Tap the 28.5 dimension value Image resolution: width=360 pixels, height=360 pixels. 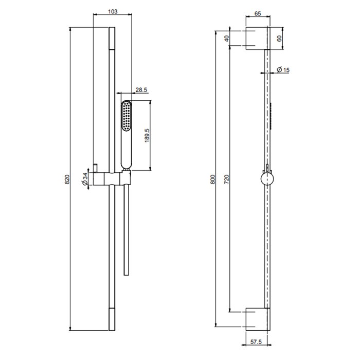pos(141,90)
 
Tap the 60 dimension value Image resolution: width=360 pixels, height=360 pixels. pos(279,38)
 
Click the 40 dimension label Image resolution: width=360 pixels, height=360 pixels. pos(226,38)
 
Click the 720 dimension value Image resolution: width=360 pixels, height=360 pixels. pos(226,179)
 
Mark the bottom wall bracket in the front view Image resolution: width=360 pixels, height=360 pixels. pos(256,319)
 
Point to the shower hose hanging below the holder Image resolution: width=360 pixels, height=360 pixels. pos(125,231)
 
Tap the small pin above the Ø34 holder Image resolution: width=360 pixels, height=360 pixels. pos(95,166)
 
